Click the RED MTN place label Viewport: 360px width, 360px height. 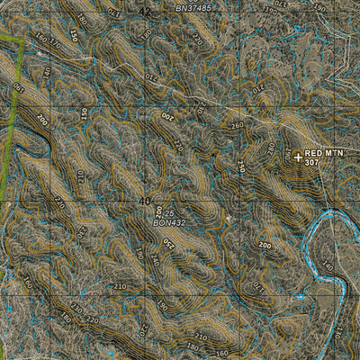pos(324,154)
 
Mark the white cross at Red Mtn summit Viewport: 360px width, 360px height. pos(298,157)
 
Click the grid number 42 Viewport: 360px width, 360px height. pos(147,10)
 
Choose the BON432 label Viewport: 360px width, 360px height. pos(170,221)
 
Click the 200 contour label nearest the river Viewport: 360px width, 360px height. pos(265,245)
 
